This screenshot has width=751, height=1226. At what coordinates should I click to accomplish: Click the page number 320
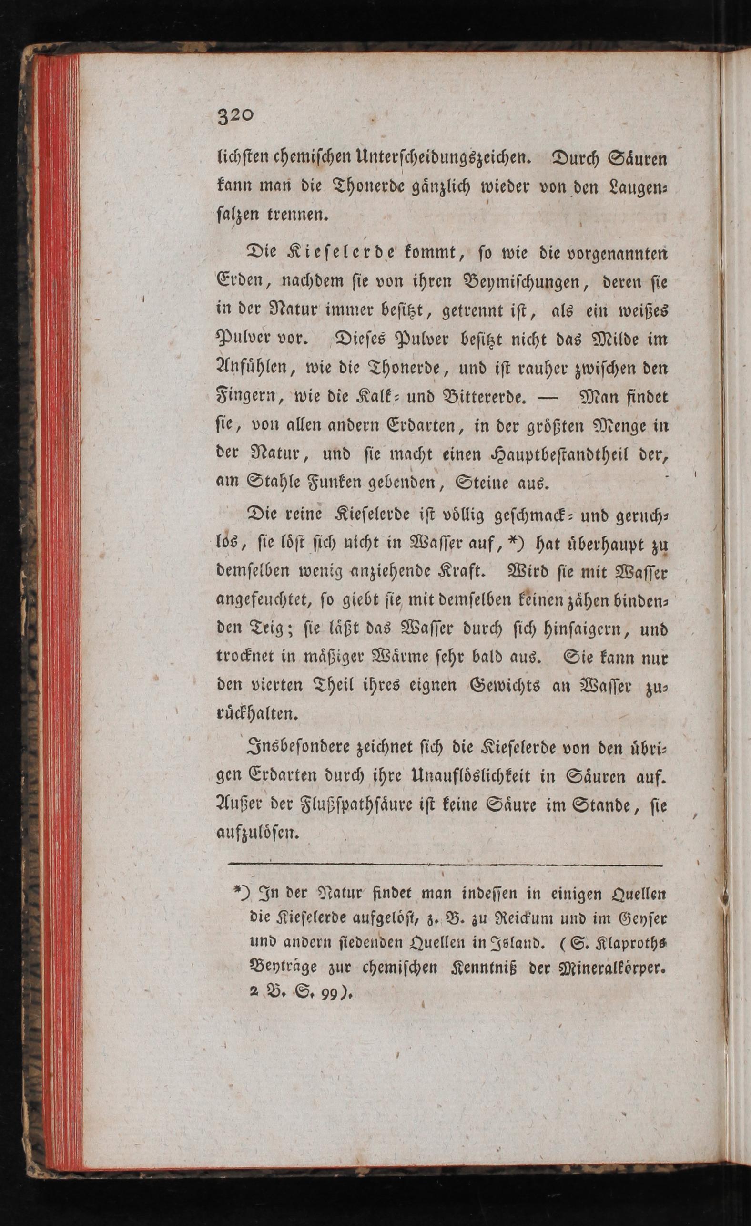tap(236, 116)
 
